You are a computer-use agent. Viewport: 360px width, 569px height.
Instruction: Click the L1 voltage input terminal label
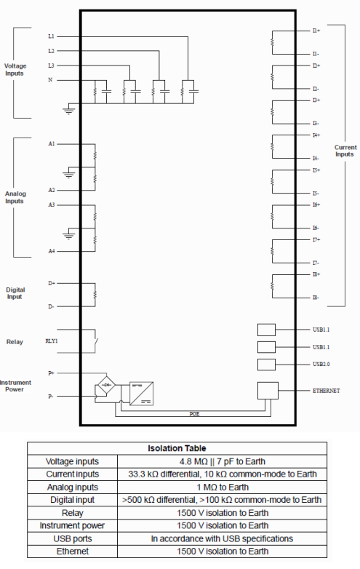51,36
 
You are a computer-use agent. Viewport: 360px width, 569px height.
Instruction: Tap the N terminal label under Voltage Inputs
50,80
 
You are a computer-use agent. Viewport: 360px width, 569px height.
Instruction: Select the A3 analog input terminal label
52,205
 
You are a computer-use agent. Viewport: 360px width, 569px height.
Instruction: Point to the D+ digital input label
52,283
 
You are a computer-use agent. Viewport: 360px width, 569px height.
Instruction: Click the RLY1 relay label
52,341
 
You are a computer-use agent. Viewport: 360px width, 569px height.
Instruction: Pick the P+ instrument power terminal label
51,373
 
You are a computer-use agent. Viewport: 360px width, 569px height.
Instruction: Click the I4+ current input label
316,135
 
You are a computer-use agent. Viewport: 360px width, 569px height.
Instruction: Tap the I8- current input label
316,298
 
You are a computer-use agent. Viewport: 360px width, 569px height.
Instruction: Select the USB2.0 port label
321,364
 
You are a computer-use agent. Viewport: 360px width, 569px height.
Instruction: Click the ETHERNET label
327,391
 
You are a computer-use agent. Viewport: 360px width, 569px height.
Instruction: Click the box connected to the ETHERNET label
268,391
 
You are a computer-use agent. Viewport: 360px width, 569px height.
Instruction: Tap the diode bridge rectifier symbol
107,385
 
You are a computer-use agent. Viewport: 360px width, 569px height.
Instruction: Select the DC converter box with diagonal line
141,394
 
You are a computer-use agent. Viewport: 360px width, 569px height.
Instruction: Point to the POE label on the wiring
194,414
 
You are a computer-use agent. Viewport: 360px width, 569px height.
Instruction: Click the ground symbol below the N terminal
69,111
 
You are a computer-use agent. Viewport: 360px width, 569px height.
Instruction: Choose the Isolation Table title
177,448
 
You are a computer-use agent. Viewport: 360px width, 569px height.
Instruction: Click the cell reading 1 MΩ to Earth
223,487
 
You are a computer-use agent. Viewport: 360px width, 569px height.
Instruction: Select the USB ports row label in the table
73,538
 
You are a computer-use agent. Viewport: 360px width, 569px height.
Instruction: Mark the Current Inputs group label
345,151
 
